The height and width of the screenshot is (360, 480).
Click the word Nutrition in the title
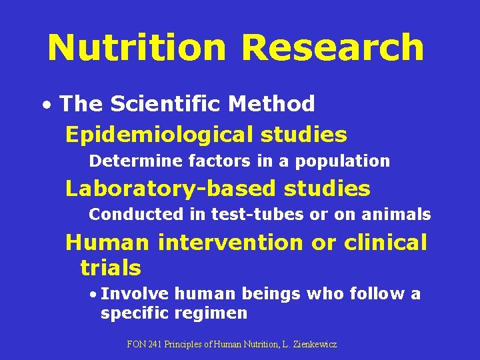coord(137,48)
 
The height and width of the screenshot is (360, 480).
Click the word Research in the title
coord(333,48)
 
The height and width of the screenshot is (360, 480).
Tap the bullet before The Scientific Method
coord(45,105)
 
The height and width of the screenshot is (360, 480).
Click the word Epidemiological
coord(157,135)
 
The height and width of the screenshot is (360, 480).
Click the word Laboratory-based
coord(169,189)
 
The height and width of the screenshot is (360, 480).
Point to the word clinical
coord(385,242)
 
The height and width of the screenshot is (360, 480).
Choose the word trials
coord(111,268)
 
